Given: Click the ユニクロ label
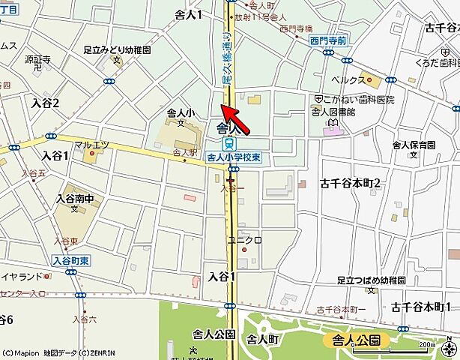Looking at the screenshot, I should pyautogui.click(x=244, y=240).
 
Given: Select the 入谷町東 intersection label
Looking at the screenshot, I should pyautogui.click(x=71, y=259).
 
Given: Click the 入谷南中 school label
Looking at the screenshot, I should pyautogui.click(x=76, y=199).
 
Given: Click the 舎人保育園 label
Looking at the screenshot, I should pyautogui.click(x=414, y=144).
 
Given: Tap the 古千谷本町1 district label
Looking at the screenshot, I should pyautogui.click(x=420, y=307).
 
